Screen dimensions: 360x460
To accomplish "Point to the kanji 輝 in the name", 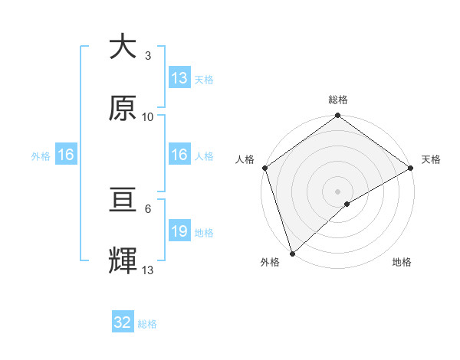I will click(123, 260).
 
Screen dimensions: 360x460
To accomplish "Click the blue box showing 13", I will click(179, 78).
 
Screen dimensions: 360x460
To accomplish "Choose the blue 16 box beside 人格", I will click(179, 155).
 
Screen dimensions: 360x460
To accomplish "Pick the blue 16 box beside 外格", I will click(65, 155).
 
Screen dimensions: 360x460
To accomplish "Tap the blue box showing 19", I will click(179, 231).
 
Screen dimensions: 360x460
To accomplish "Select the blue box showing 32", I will click(123, 322).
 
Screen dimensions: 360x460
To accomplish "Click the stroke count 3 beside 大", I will click(147, 56).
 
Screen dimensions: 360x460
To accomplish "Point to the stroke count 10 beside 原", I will click(148, 117).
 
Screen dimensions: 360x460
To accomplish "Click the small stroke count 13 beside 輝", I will click(148, 270).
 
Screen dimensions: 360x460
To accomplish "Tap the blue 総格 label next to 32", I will click(147, 324).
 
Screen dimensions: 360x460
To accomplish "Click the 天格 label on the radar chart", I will click(431, 159).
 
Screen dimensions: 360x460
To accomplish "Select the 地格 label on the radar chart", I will click(402, 262).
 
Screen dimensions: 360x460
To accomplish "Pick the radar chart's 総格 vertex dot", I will click(337, 116).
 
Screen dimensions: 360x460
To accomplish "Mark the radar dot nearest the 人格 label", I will click(264, 168).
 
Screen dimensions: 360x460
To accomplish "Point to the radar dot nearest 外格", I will click(292, 253).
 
